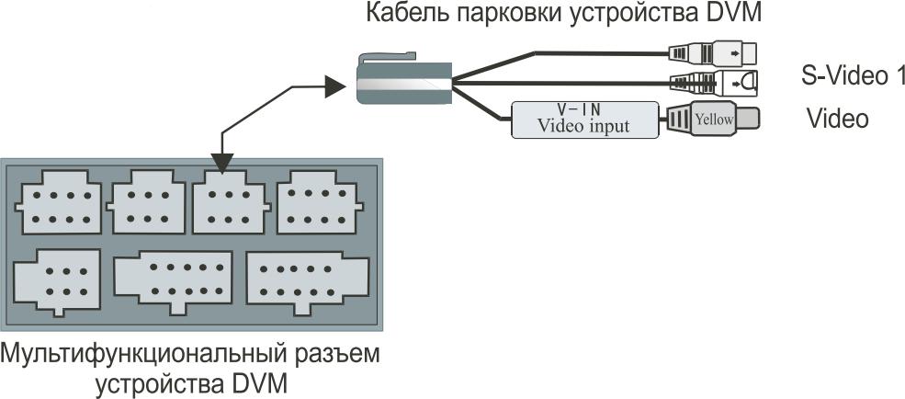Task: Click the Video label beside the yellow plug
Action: pos(838,119)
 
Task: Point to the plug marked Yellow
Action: pos(713,120)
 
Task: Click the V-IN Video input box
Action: pos(584,120)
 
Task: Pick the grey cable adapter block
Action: pos(404,78)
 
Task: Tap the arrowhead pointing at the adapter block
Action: pos(334,86)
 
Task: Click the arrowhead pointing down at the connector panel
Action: pos(222,163)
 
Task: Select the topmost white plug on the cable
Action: pos(712,52)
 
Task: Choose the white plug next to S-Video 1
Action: pos(713,83)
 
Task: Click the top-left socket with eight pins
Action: pos(59,201)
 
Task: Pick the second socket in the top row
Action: pos(147,201)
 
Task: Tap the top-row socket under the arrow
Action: pos(231,201)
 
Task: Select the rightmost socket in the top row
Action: pos(319,201)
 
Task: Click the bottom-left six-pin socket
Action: pos(58,281)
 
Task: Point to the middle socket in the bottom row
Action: pos(174,282)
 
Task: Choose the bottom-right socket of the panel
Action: pos(307,283)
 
